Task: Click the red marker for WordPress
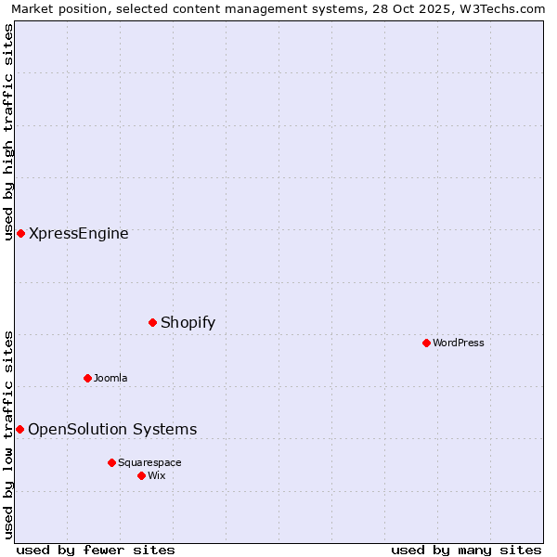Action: coord(426,343)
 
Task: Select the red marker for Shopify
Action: coord(152,322)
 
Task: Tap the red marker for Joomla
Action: coord(87,378)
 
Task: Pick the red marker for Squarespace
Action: coord(111,462)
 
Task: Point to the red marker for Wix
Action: coord(141,475)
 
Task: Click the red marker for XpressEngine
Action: coord(20,233)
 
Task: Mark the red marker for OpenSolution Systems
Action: coord(19,429)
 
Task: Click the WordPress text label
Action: coord(459,343)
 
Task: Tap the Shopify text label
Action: coord(188,323)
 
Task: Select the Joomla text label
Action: coord(110,378)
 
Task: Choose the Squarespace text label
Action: coord(149,462)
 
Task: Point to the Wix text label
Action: coord(157,475)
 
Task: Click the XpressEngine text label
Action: coord(79,234)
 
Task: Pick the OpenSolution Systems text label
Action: coord(112,429)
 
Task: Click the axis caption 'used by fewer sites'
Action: coord(96,551)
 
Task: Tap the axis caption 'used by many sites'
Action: coord(466,551)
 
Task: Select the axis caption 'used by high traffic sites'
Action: coord(8,132)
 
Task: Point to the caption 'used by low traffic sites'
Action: coord(8,434)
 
